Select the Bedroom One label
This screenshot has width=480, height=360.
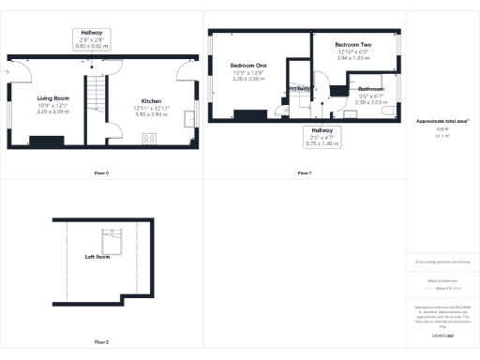click(x=248, y=65)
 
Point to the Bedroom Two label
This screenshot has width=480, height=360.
click(x=353, y=44)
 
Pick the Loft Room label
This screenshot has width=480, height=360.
click(x=97, y=256)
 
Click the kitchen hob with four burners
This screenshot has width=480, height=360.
click(x=148, y=140)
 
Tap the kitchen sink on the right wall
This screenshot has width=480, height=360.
click(x=189, y=117)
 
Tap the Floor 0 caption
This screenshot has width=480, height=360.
click(x=101, y=173)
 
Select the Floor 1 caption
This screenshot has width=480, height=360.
click(x=304, y=173)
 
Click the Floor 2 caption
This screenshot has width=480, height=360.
click(x=101, y=342)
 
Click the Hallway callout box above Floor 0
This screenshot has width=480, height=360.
click(x=92, y=37)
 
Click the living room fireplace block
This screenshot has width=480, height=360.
click(x=46, y=142)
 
